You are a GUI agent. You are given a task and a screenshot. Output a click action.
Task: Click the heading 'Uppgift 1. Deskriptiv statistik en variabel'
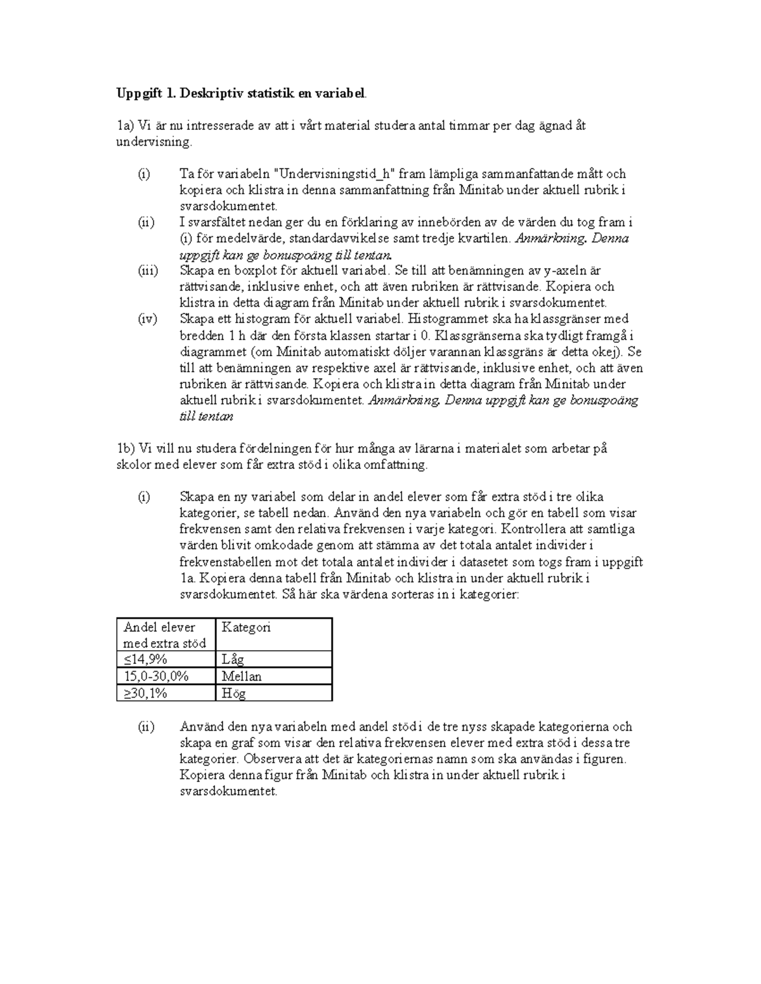tap(241, 94)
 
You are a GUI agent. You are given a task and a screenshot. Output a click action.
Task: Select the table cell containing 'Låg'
tap(233, 660)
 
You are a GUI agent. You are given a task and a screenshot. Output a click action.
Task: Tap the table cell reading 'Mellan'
tap(242, 676)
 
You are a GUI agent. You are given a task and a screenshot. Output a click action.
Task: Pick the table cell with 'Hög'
tap(233, 693)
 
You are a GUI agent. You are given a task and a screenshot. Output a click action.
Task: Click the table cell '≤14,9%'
tap(145, 660)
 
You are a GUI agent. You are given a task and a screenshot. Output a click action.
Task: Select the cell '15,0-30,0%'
tap(156, 676)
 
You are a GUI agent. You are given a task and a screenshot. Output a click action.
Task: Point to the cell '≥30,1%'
tap(145, 693)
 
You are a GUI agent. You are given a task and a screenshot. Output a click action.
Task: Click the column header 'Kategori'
tap(246, 627)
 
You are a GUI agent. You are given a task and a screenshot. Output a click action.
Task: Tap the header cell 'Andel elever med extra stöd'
tap(165, 635)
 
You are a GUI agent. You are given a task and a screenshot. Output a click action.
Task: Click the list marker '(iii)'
tap(148, 271)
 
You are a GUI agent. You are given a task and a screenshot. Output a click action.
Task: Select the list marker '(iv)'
tap(148, 319)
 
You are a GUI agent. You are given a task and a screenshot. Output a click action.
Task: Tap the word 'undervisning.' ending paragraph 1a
tap(153, 142)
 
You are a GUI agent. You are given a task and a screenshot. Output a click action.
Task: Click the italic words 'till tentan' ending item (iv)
tap(207, 416)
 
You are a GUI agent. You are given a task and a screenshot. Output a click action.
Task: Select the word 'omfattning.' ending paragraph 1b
tap(397, 464)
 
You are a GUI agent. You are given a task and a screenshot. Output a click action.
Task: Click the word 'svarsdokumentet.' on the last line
tap(228, 791)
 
